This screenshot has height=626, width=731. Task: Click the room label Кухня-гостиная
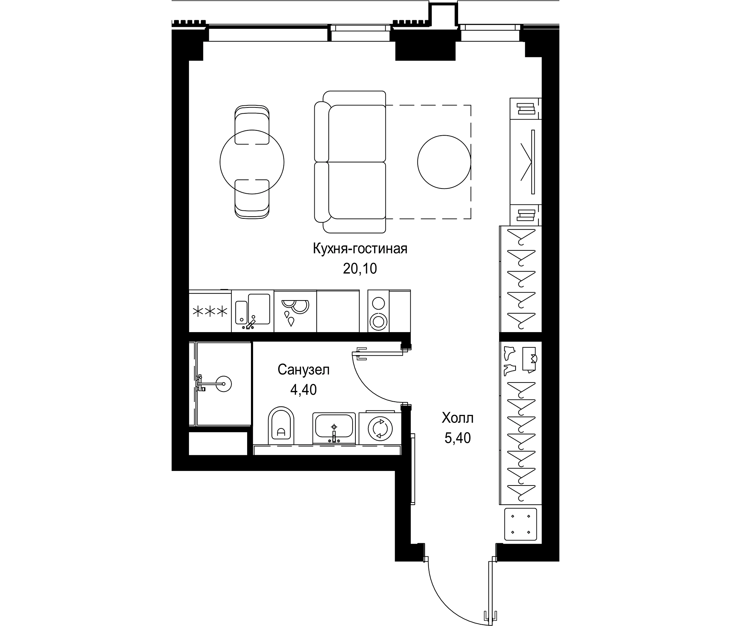tap(360, 249)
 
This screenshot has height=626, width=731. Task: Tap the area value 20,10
tap(360, 269)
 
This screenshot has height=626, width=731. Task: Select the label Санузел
tap(304, 370)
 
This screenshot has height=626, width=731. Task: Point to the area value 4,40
tap(304, 390)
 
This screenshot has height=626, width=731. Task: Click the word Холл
tap(458, 418)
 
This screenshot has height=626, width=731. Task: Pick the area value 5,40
tap(458, 438)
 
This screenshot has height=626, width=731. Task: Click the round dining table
tap(252, 162)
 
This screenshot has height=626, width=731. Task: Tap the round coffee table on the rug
tap(444, 162)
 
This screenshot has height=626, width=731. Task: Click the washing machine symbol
tap(380, 428)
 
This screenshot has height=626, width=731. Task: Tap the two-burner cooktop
tap(378, 311)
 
